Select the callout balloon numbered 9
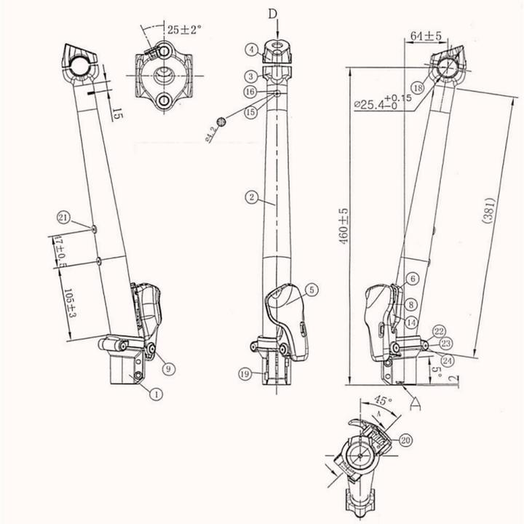coord(167,369)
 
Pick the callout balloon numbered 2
coord(250,197)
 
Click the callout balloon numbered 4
coord(250,49)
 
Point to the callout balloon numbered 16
coord(250,92)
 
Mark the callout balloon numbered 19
coord(245,373)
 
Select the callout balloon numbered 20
coord(405,439)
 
